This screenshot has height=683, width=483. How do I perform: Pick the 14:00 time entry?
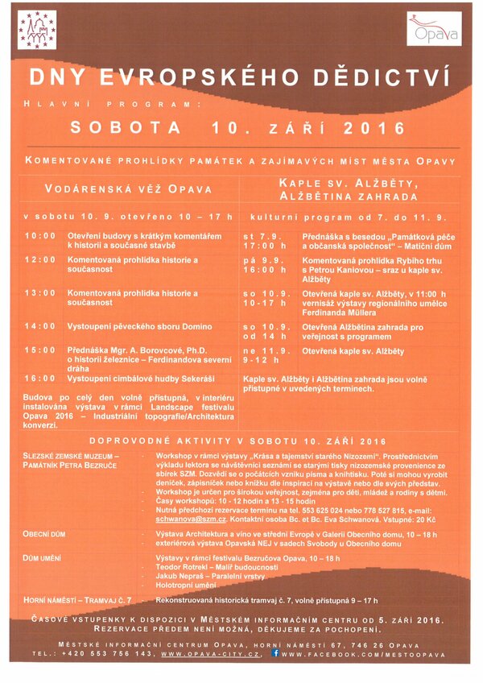pyautogui.click(x=39, y=326)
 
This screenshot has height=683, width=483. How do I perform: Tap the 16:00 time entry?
pyautogui.click(x=39, y=377)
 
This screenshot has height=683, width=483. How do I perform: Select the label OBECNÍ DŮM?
pyautogui.click(x=44, y=534)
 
